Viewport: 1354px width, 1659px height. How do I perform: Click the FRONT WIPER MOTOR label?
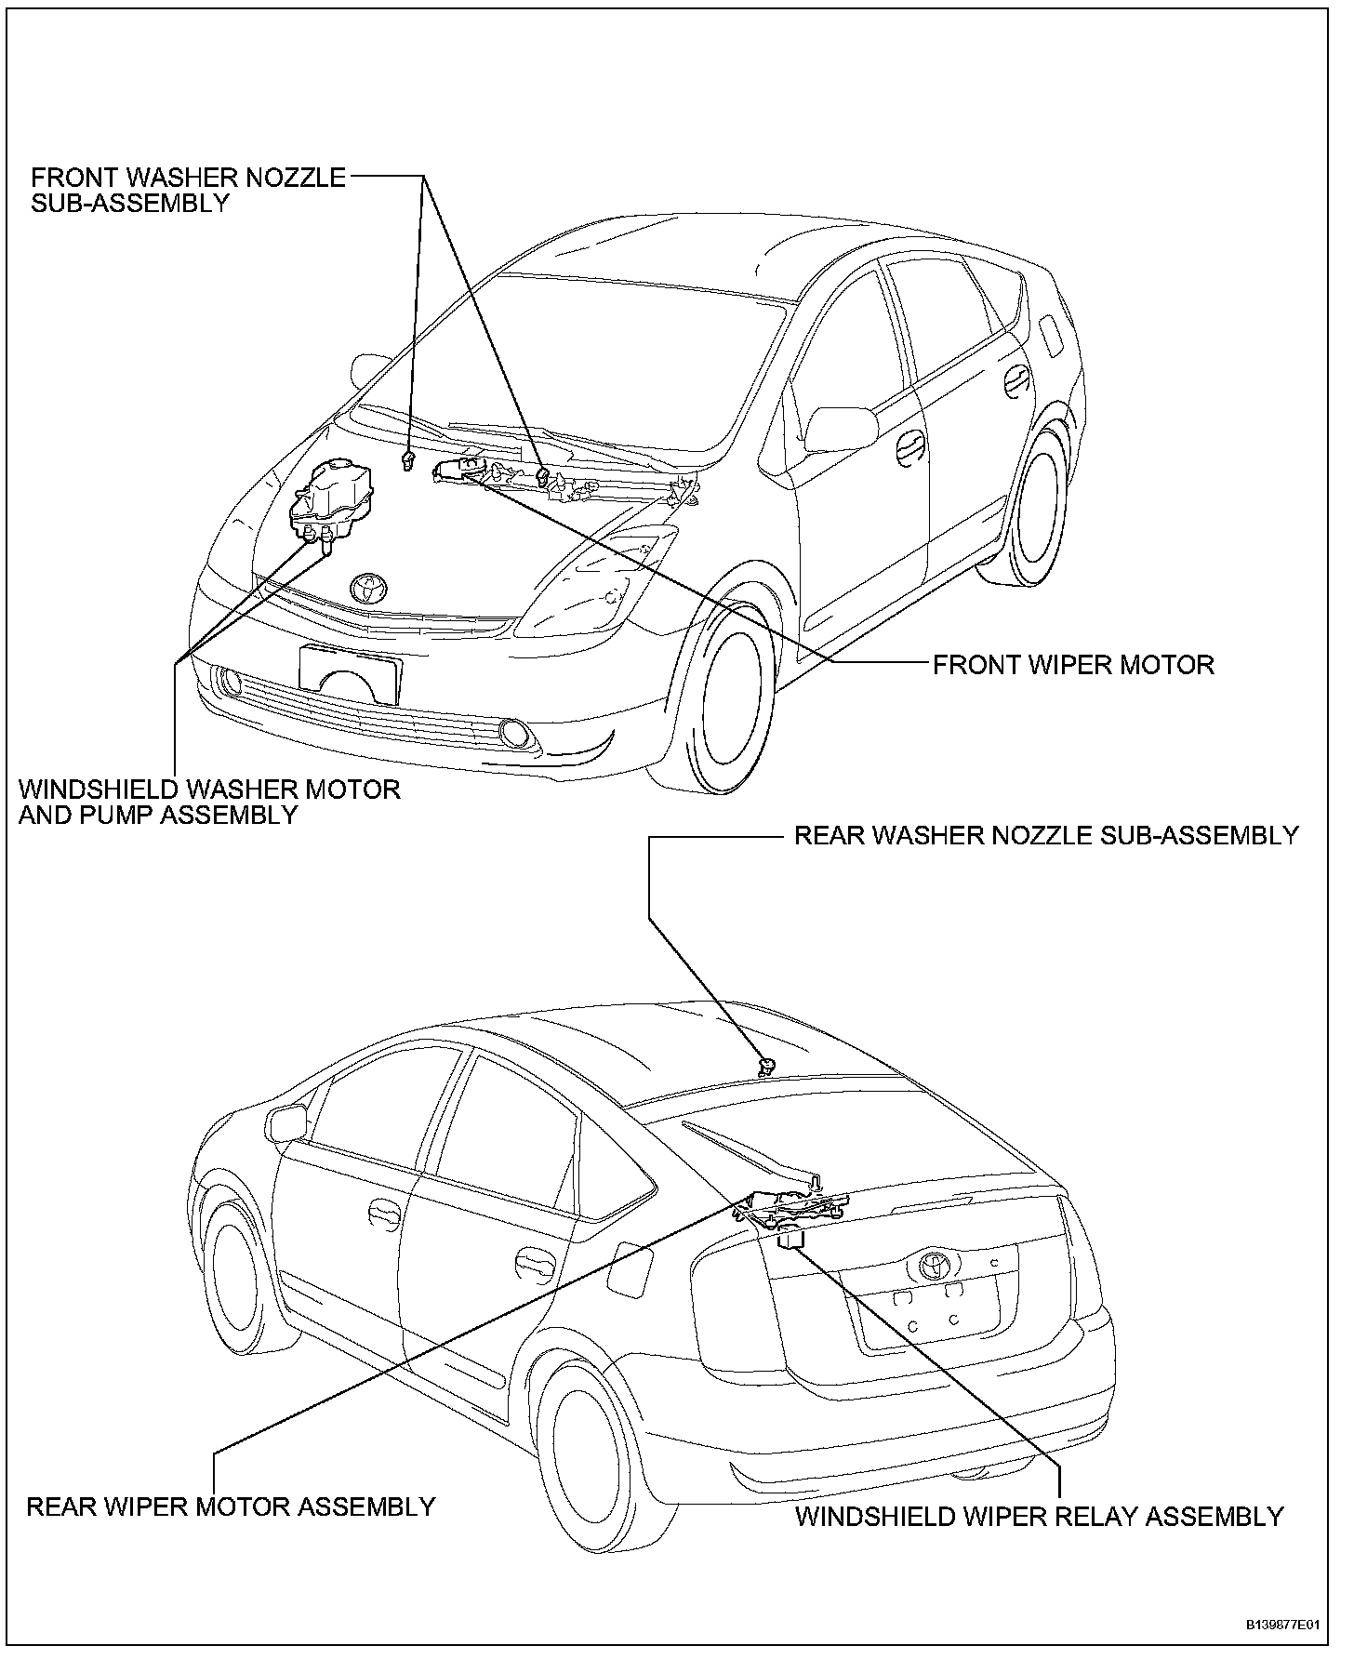pos(1073,665)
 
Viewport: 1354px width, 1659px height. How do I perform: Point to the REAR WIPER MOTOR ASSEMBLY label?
pos(231,1506)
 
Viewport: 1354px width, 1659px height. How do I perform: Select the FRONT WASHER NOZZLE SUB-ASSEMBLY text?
pos(188,190)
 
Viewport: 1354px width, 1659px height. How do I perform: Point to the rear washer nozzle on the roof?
pos(767,1066)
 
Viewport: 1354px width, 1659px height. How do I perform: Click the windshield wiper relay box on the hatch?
pos(791,1239)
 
